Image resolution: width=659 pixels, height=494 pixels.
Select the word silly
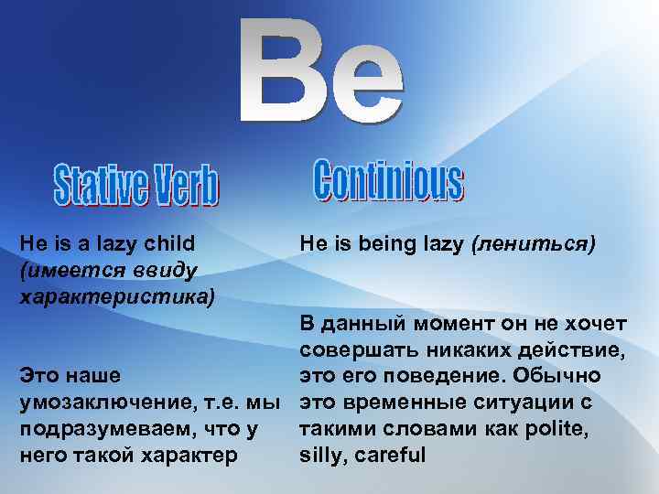coord(321,455)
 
